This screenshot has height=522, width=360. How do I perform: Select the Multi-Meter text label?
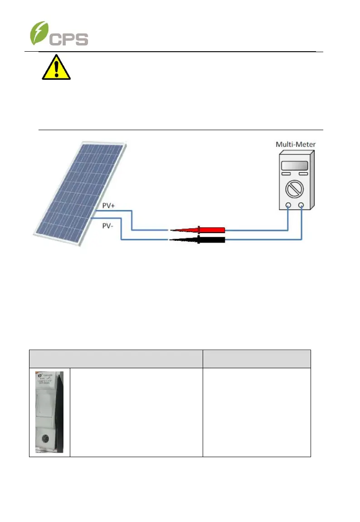tap(295, 145)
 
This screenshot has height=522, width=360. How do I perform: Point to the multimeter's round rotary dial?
tap(295, 187)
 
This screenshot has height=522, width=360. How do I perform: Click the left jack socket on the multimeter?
tap(288, 205)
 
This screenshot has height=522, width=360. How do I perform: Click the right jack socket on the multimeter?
tap(302, 205)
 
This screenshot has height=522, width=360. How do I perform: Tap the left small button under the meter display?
tap(286, 173)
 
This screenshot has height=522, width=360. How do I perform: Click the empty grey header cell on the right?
tap(257, 358)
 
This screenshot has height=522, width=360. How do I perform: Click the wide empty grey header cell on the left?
tap(116, 358)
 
